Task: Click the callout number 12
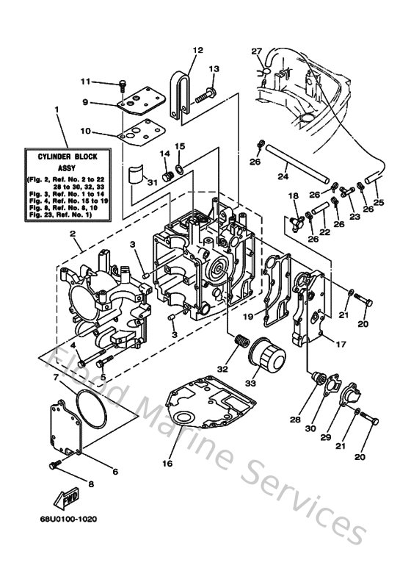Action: click(197, 50)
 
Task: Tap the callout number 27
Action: click(256, 51)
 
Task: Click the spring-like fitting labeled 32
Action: click(239, 342)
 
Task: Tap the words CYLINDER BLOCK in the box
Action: click(67, 157)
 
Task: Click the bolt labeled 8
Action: click(55, 464)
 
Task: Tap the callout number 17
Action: click(341, 343)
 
